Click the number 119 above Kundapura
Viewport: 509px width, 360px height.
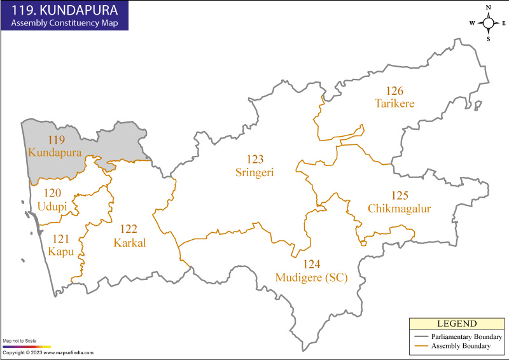coord(56,140)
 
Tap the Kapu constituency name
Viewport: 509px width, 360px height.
coord(61,252)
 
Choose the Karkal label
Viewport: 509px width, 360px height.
coord(129,243)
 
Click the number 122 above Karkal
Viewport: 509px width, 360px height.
coord(129,229)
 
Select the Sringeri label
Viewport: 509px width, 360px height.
coord(255,172)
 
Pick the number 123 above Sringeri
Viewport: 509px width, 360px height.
coord(255,159)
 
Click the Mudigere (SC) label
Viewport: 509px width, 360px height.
coord(311,277)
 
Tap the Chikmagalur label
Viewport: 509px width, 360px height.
coord(399,209)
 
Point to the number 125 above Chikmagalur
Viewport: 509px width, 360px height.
coord(400,195)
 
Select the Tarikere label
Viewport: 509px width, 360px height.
coord(394,104)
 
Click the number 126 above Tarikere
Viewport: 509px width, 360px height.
coord(394,90)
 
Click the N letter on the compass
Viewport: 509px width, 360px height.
coord(489,8)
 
